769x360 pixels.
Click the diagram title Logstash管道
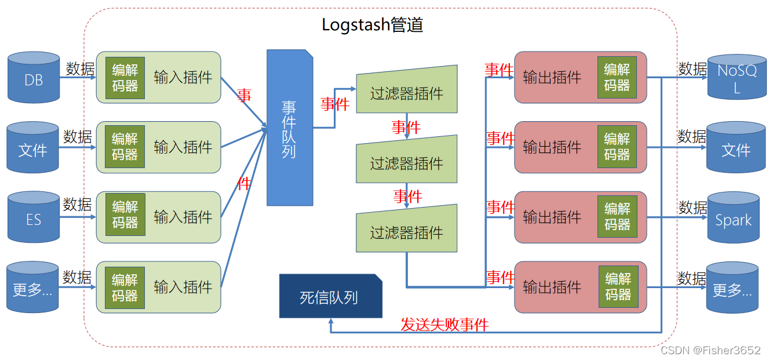point(372,25)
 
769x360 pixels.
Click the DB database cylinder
point(34,78)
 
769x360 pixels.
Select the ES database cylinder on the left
point(34,219)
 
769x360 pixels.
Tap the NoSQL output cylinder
point(737,78)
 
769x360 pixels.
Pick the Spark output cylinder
point(733,219)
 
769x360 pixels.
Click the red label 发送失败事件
point(444,325)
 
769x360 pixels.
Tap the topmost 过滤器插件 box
point(406,93)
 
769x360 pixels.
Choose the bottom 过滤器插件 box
point(406,232)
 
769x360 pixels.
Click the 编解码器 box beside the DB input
point(125,78)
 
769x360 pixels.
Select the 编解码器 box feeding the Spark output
point(617,216)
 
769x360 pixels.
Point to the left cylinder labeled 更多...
point(32,289)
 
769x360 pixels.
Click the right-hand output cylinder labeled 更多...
point(732,289)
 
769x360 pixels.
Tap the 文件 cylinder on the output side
point(735,149)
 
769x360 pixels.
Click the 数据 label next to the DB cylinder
point(80,68)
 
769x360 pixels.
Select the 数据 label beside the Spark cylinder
point(693,208)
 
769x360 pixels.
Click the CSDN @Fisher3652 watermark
point(710,350)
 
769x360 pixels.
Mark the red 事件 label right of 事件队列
point(335,104)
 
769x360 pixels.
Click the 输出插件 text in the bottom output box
point(552,287)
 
